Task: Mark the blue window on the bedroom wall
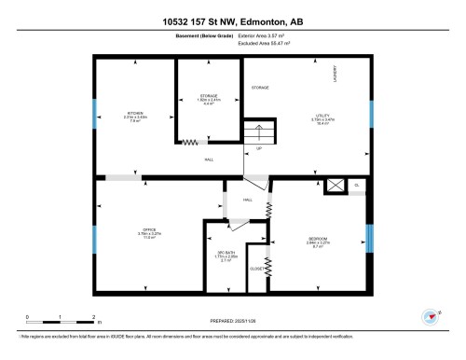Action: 371,238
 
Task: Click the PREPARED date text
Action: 232,320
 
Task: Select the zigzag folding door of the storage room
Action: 191,143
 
